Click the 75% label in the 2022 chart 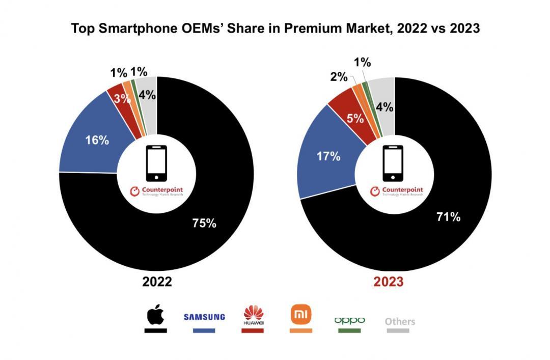204,223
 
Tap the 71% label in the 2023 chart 448,217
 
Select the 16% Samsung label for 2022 97,140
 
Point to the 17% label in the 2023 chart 328,156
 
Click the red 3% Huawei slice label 122,99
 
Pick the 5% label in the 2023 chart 355,119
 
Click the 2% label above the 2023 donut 339,77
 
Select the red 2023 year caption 389,282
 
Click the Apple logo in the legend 155,316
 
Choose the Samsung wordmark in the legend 204,317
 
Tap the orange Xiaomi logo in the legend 300,314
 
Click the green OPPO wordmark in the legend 349,320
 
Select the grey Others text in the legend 400,321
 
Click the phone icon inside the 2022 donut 156,163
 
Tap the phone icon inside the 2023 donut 393,163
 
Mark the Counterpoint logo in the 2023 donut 397,191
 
